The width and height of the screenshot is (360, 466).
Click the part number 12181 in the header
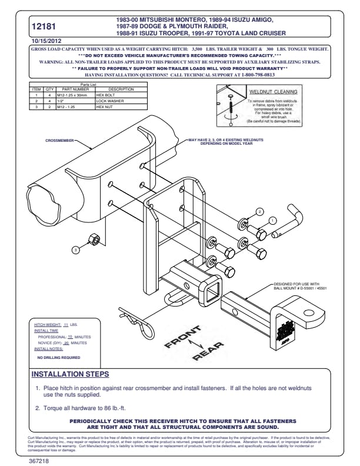point(46,26)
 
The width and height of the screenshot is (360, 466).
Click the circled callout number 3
point(75,250)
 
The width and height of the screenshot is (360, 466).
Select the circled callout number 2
point(259,211)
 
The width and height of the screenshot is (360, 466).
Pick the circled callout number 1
point(272,220)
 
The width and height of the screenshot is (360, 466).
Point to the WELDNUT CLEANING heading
point(273,92)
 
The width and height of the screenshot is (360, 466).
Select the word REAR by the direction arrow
point(208,352)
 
